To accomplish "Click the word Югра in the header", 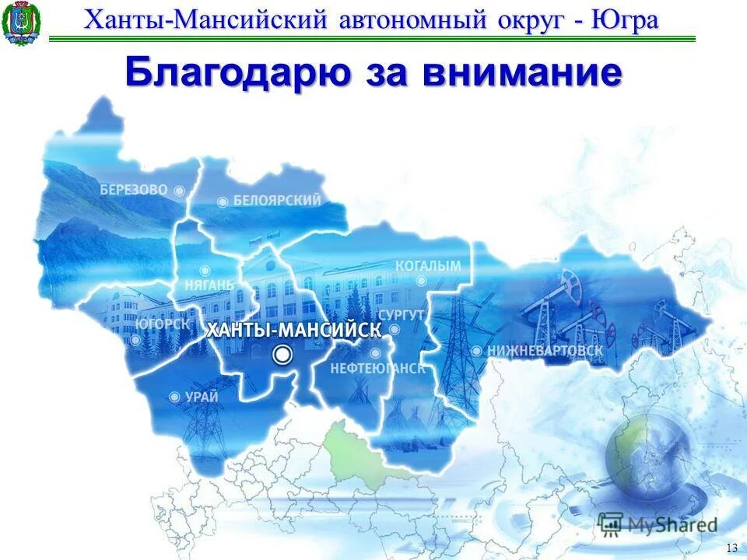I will (625, 19).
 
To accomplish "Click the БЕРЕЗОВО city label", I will (134, 189).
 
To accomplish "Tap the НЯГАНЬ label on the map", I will (209, 285).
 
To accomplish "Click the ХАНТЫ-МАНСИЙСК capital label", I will (293, 330).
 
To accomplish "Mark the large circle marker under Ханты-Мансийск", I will (282, 355).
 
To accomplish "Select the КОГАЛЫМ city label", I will (428, 266).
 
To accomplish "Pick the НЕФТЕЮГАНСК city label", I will (378, 369).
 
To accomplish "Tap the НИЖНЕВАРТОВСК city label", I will (545, 351).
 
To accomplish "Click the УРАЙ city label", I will (202, 397).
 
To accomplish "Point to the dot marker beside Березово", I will (179, 190).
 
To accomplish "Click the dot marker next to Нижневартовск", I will (476, 351).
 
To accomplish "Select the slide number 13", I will (731, 548).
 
